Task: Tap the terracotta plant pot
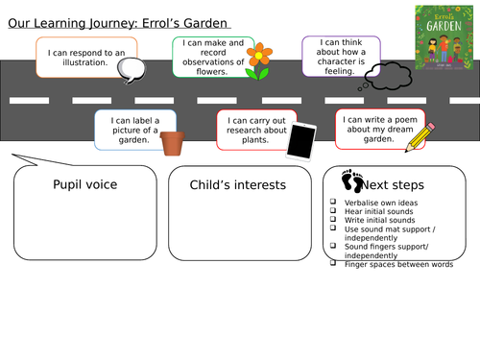(172, 143)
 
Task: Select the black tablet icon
(302, 140)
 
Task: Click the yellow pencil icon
(419, 136)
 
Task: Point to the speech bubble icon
(130, 68)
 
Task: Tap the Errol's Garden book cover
(442, 37)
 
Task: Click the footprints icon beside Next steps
(352, 180)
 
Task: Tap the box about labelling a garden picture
(134, 130)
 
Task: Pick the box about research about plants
(254, 130)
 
